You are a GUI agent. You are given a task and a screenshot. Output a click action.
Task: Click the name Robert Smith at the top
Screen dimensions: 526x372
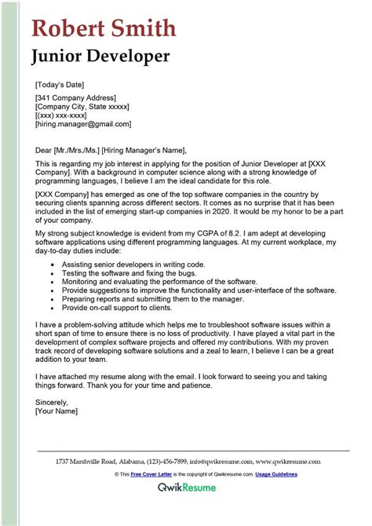tap(104, 28)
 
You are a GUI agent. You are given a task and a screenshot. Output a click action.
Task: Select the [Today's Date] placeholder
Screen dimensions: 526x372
tap(60, 84)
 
